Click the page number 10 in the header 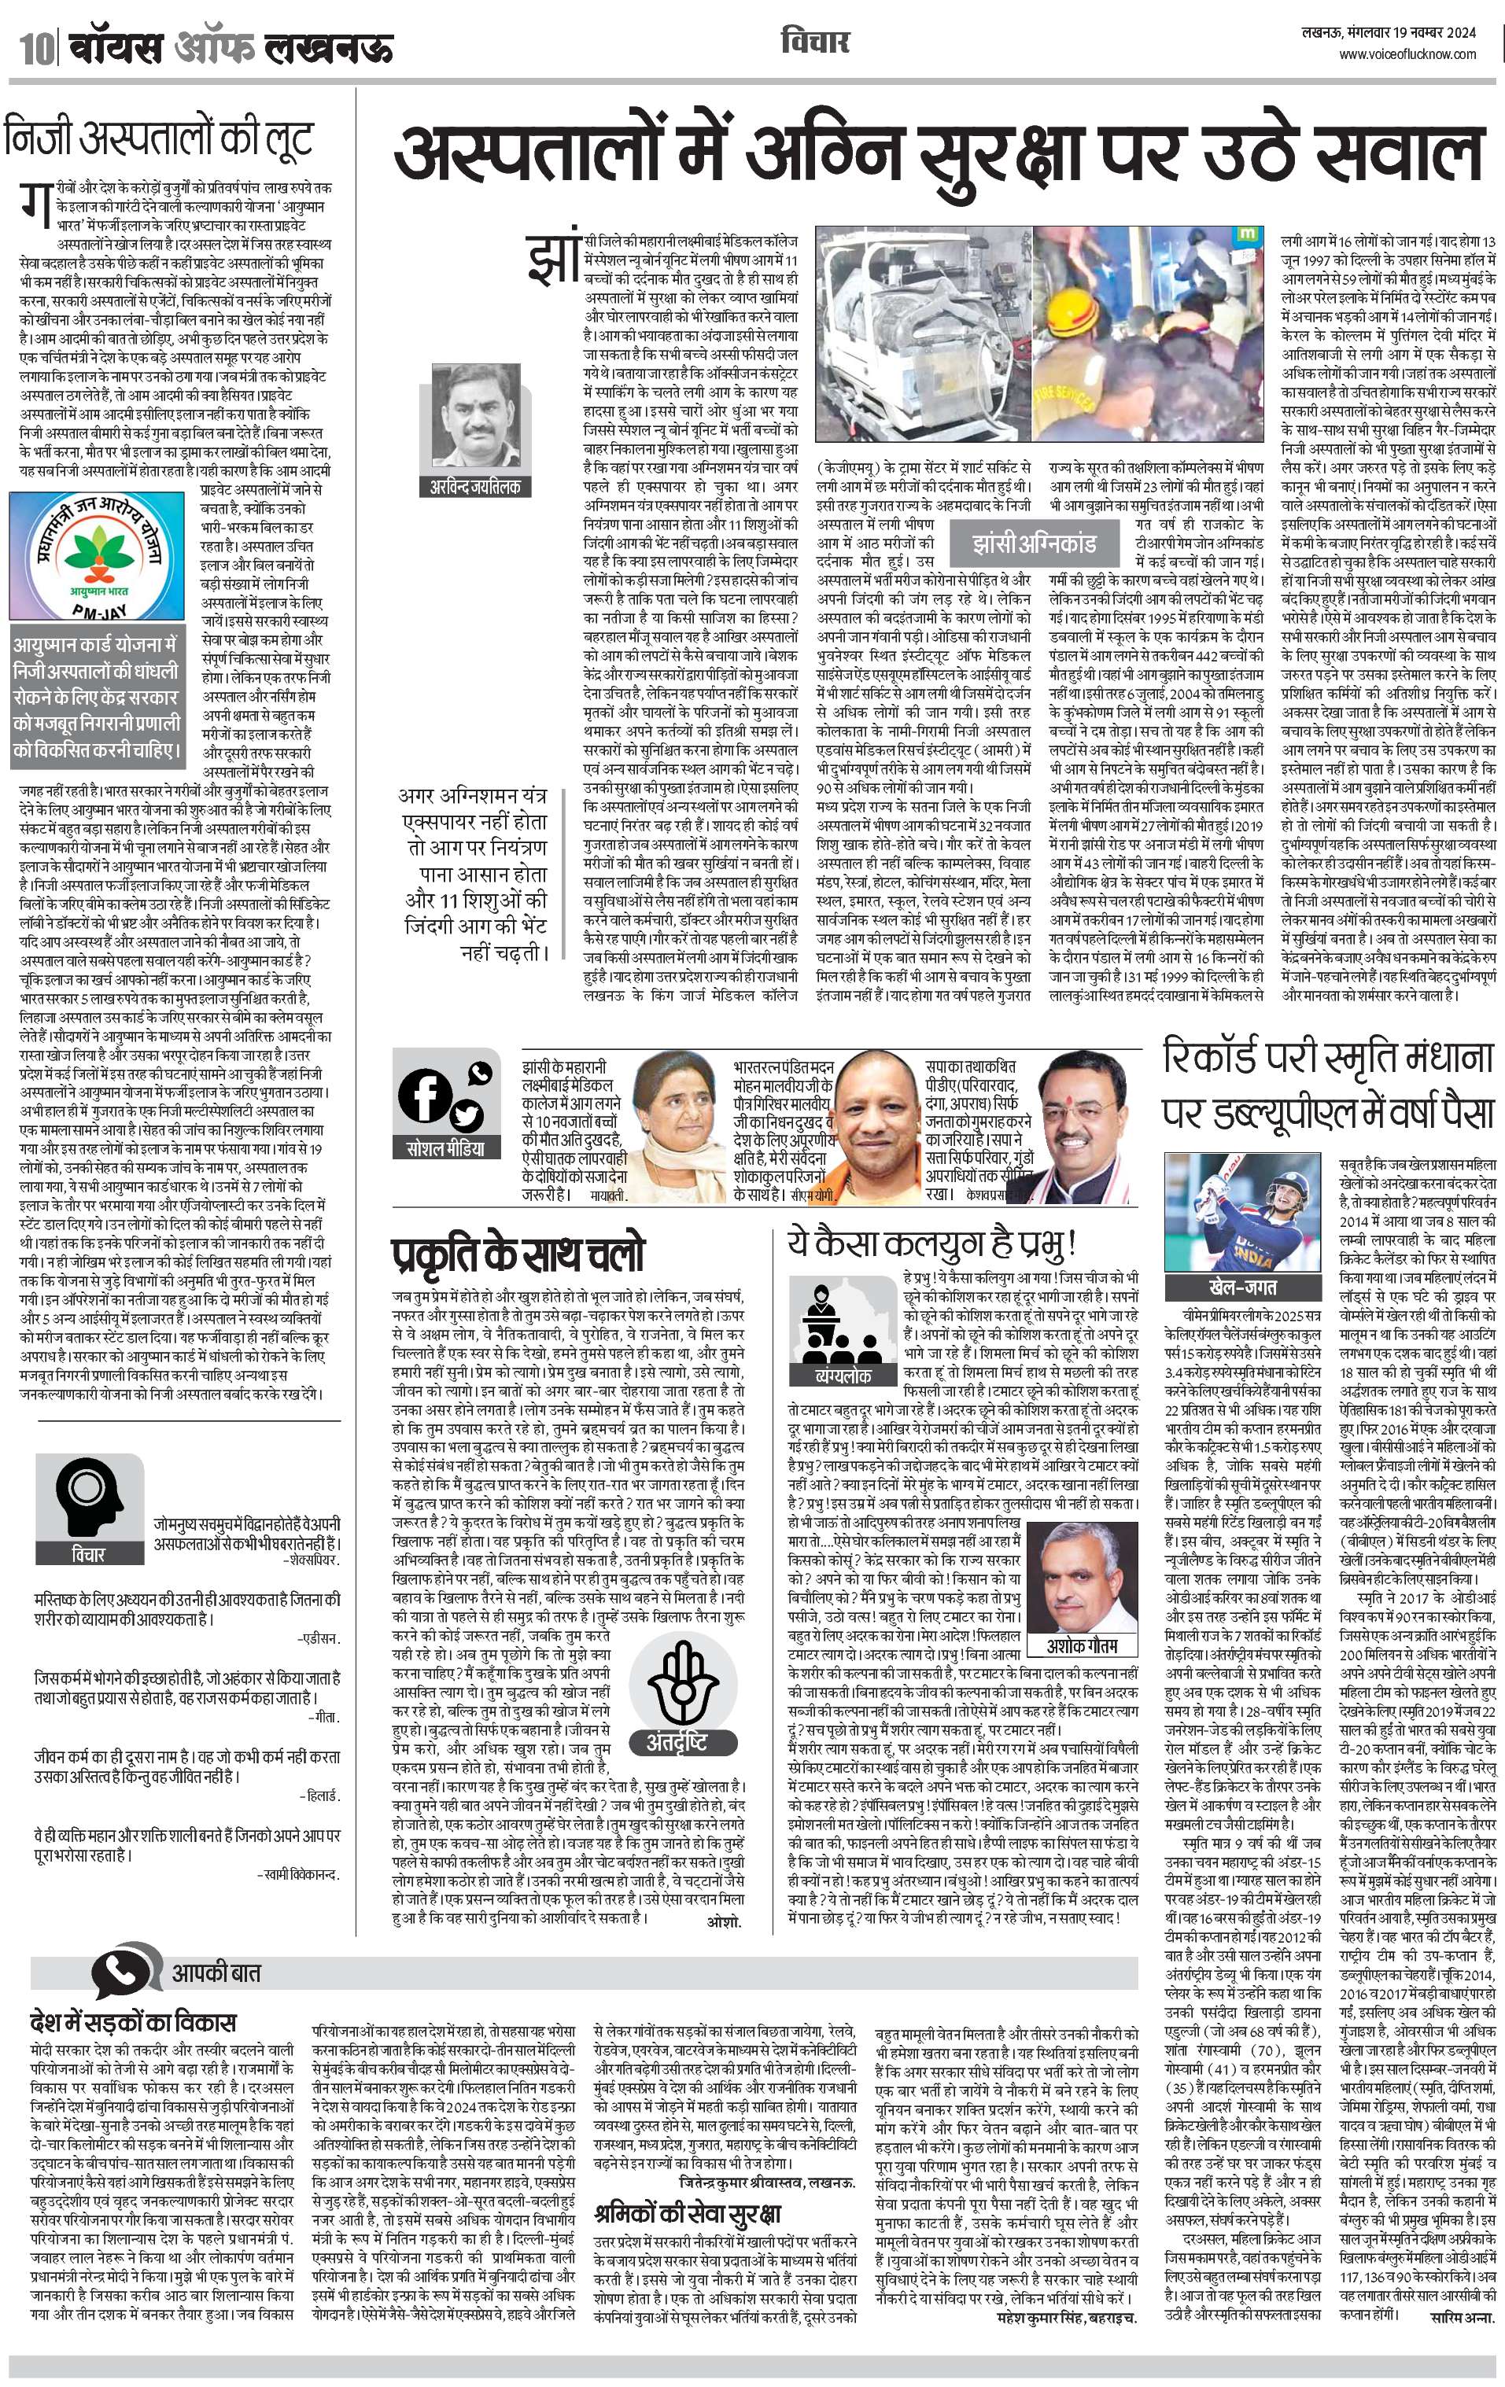tap(31, 46)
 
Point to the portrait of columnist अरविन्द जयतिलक tap(475, 416)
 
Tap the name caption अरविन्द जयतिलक tap(475, 487)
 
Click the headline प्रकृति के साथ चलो tap(518, 1253)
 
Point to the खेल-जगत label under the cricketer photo tap(1228, 1287)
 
